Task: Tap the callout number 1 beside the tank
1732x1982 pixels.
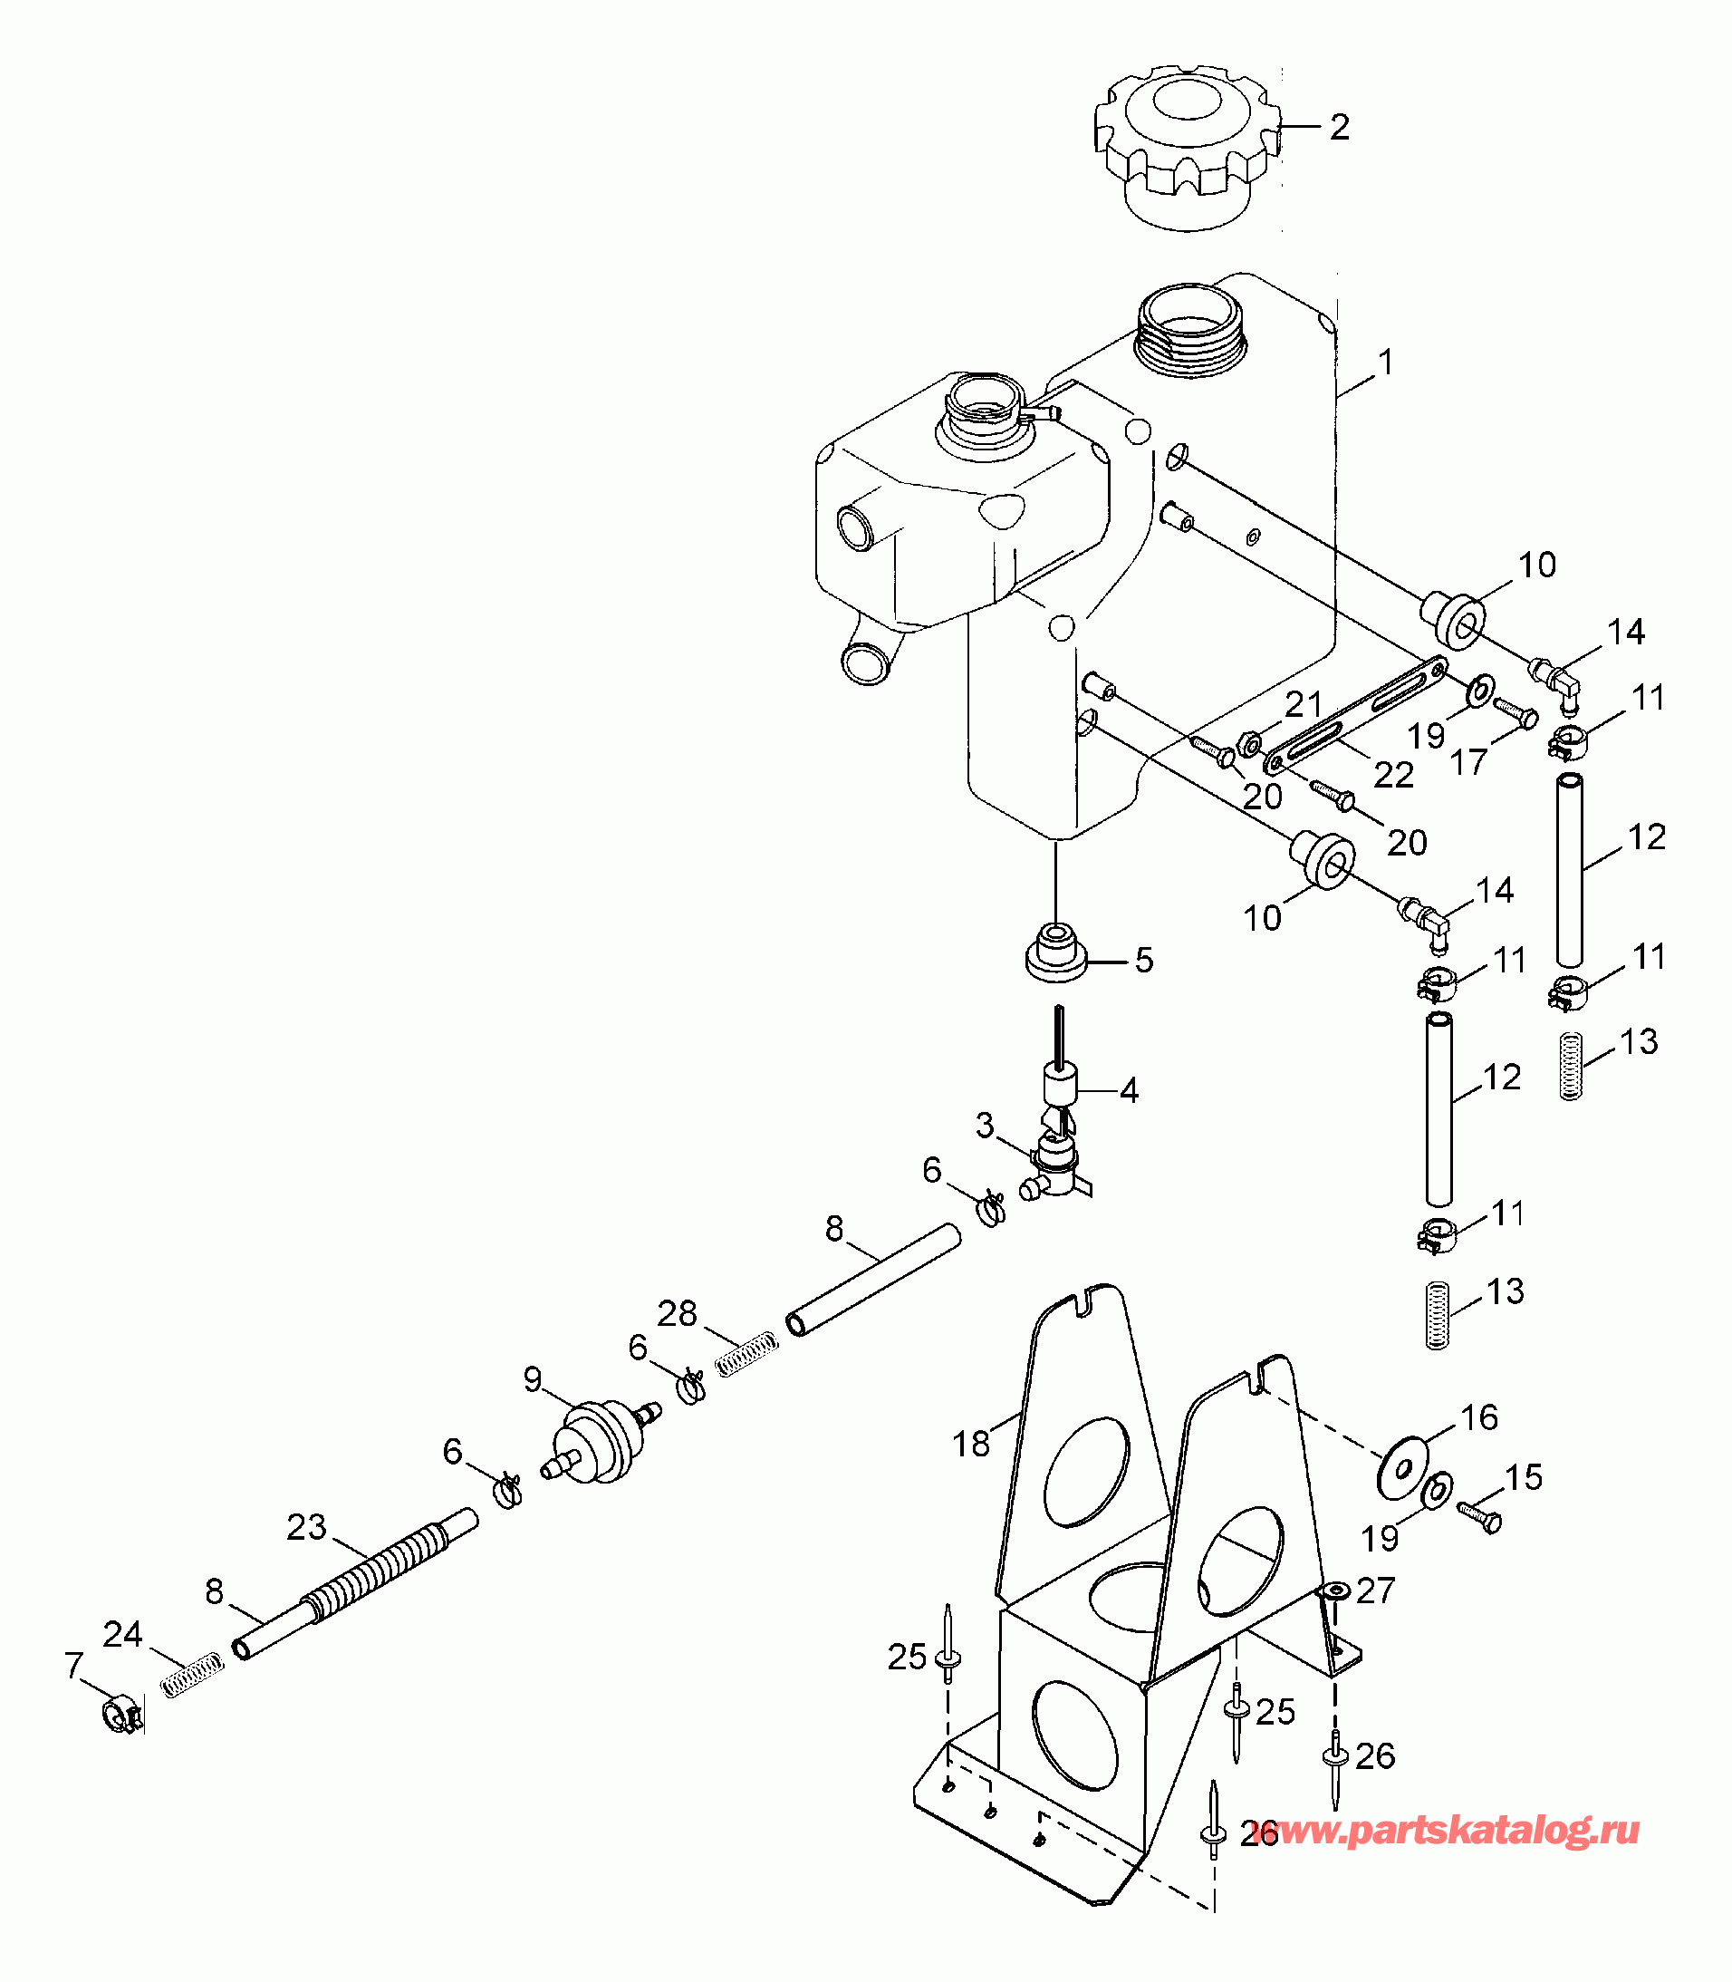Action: click(1386, 363)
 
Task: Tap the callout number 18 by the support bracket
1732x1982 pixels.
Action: click(971, 1444)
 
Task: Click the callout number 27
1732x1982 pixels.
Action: click(1375, 1590)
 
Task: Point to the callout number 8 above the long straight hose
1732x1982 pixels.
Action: click(834, 1229)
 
